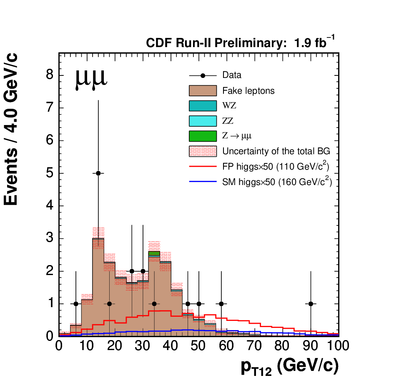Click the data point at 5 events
click(x=98, y=173)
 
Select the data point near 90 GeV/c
click(x=311, y=304)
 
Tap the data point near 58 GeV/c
click(x=221, y=304)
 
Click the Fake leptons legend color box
click(x=203, y=91)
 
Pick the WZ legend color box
click(x=203, y=106)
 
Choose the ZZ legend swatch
click(x=203, y=121)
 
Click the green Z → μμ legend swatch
click(x=203, y=136)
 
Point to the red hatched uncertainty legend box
click(x=203, y=151)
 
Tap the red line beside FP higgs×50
click(x=203, y=166)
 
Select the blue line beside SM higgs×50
click(x=203, y=182)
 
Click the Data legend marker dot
click(x=203, y=75)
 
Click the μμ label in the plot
click(x=91, y=79)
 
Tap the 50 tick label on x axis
click(x=198, y=345)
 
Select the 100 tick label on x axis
click(x=338, y=345)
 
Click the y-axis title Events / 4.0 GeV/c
click(x=10, y=129)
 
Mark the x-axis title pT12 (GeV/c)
click(x=290, y=367)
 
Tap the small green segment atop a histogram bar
click(x=154, y=253)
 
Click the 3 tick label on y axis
click(x=50, y=238)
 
